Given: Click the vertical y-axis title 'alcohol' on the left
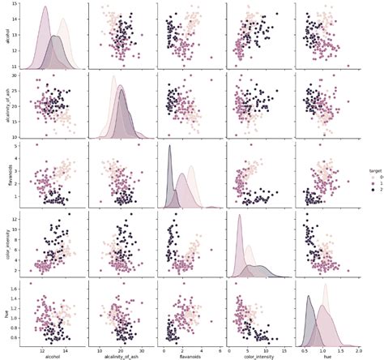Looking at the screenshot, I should [6, 38].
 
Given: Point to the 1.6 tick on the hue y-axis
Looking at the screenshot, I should [17, 288].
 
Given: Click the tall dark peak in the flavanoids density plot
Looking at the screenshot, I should [169, 146].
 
